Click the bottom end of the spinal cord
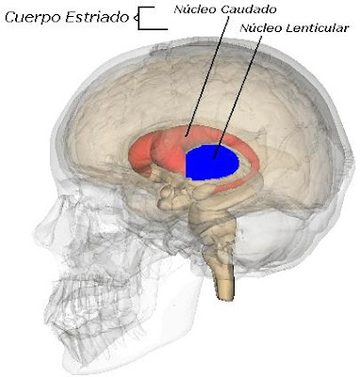point(226,294)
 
